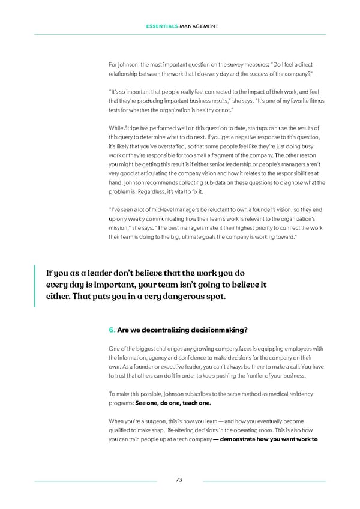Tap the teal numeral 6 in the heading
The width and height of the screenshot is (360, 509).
coord(111,329)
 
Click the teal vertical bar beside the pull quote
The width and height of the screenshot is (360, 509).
coord(36,286)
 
